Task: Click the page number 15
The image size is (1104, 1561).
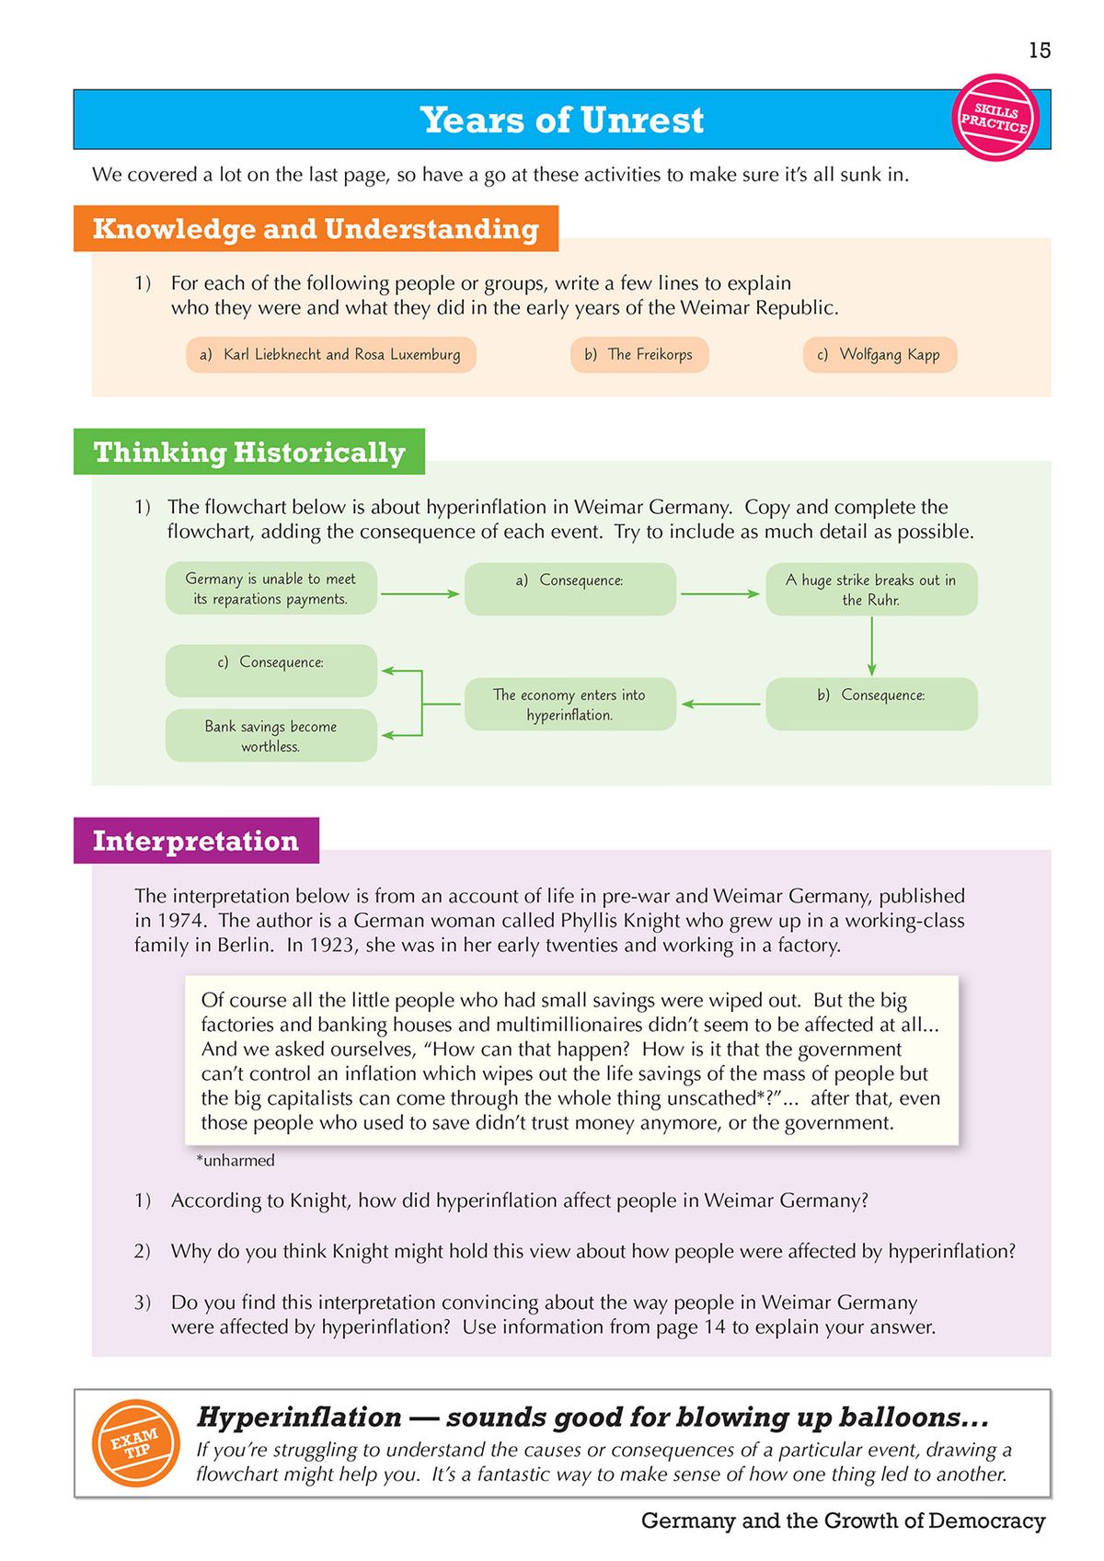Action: coord(1040,51)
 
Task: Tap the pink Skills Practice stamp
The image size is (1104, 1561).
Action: coord(995,118)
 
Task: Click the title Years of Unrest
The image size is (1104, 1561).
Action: coord(561,120)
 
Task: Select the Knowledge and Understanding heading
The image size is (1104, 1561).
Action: coord(316,228)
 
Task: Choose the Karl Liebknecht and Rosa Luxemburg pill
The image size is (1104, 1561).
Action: coord(331,354)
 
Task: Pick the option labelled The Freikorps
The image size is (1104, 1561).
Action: coord(639,354)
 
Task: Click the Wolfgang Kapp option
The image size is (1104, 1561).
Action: coord(880,354)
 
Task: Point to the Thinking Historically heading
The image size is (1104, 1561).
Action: coord(249,452)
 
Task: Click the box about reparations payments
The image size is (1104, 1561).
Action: coord(271,589)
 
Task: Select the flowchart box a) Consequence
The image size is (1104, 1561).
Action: coord(570,589)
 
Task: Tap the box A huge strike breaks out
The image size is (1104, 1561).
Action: coord(871,590)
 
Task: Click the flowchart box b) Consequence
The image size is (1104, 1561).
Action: coord(871,704)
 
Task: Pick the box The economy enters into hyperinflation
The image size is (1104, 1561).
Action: coord(570,705)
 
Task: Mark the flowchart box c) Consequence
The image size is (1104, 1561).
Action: coord(271,671)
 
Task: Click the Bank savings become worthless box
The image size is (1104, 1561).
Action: coord(271,736)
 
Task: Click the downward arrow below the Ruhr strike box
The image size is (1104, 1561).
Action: coord(871,647)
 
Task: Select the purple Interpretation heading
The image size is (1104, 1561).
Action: coord(196,841)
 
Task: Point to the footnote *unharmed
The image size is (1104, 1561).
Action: coord(236,1161)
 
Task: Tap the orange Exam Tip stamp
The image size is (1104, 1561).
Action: coord(136,1443)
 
